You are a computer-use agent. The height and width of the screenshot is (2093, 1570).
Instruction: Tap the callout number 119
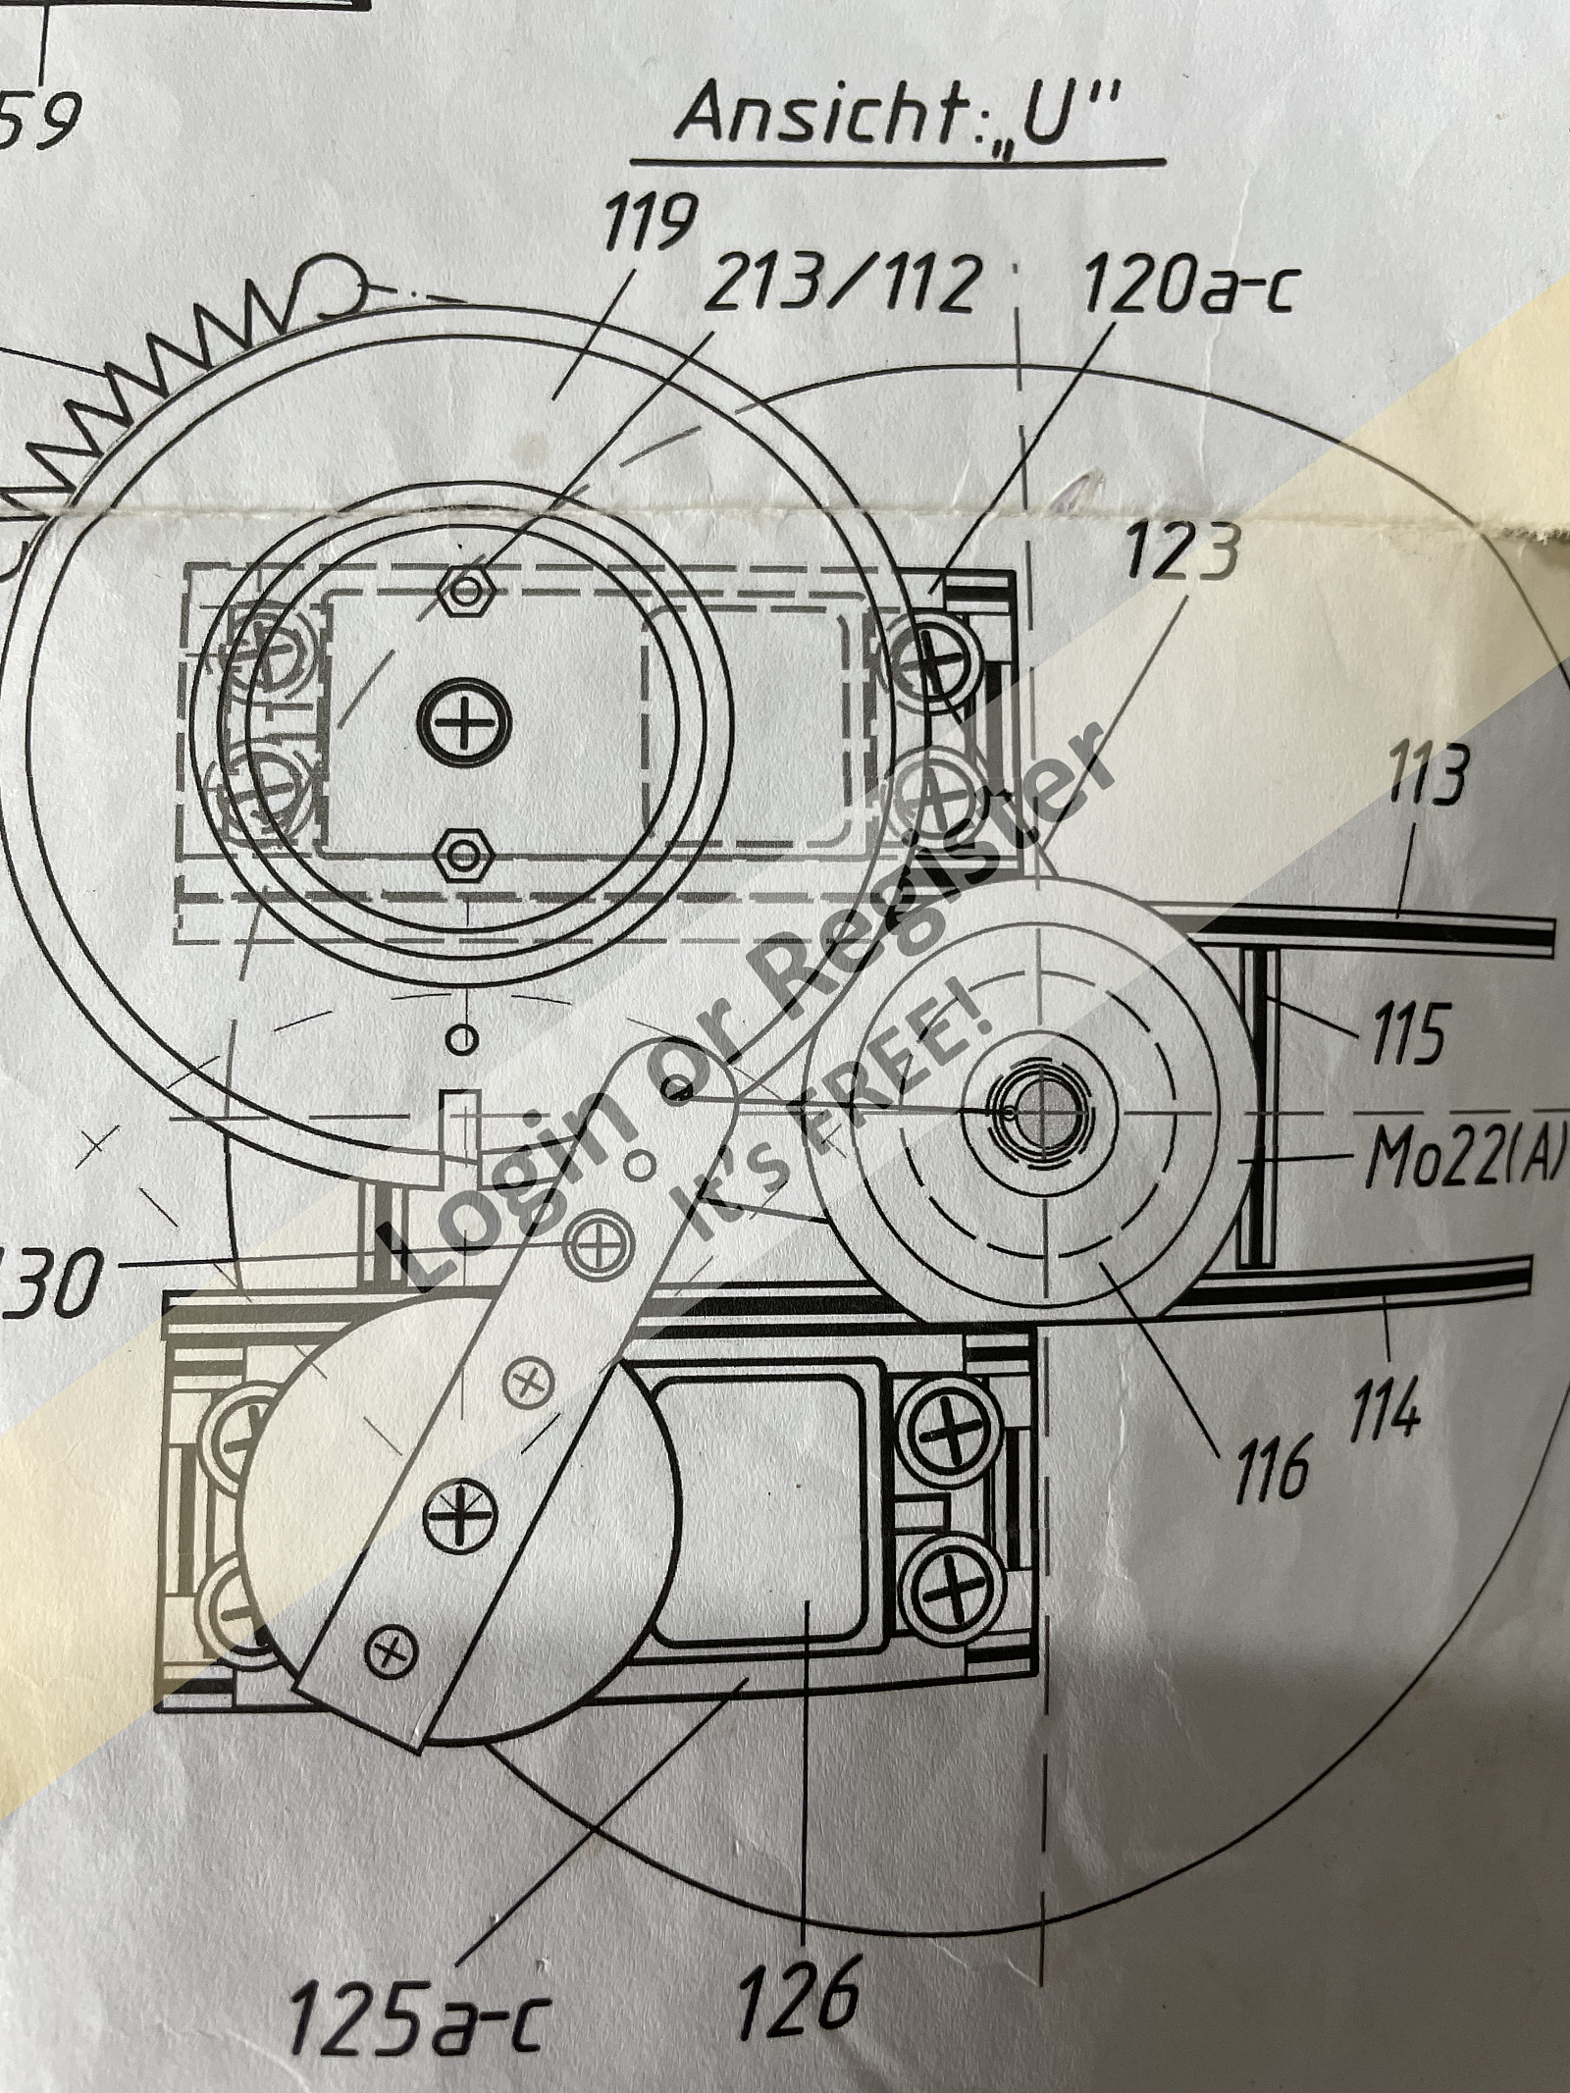[650, 224]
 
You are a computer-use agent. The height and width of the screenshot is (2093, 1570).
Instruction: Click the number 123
[1179, 556]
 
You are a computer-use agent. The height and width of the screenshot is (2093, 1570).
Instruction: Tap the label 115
[1402, 1033]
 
